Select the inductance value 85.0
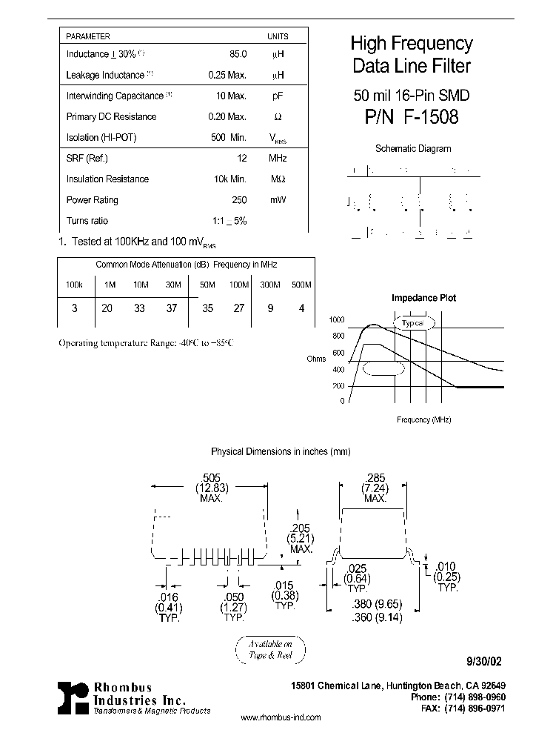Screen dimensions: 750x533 [x=238, y=54]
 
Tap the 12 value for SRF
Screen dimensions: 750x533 [x=241, y=158]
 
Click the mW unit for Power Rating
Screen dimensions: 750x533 [x=278, y=200]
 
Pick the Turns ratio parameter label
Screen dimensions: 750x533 [x=87, y=221]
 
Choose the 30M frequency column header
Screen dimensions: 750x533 [x=172, y=285]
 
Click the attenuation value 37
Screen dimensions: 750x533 [x=172, y=308]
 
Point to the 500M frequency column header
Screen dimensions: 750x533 [x=301, y=285]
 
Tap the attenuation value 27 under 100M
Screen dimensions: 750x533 [x=238, y=308]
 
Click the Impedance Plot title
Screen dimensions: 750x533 [x=423, y=298]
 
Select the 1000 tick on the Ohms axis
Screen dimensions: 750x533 [x=337, y=320]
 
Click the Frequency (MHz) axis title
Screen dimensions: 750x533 [x=423, y=419]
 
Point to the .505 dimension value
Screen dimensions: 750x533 [x=211, y=478]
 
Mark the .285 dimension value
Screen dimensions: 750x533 [x=375, y=478]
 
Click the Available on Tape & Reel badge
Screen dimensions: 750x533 [x=269, y=649]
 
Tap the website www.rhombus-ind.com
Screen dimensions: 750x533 [x=281, y=717]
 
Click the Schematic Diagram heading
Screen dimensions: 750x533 [x=412, y=148]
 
